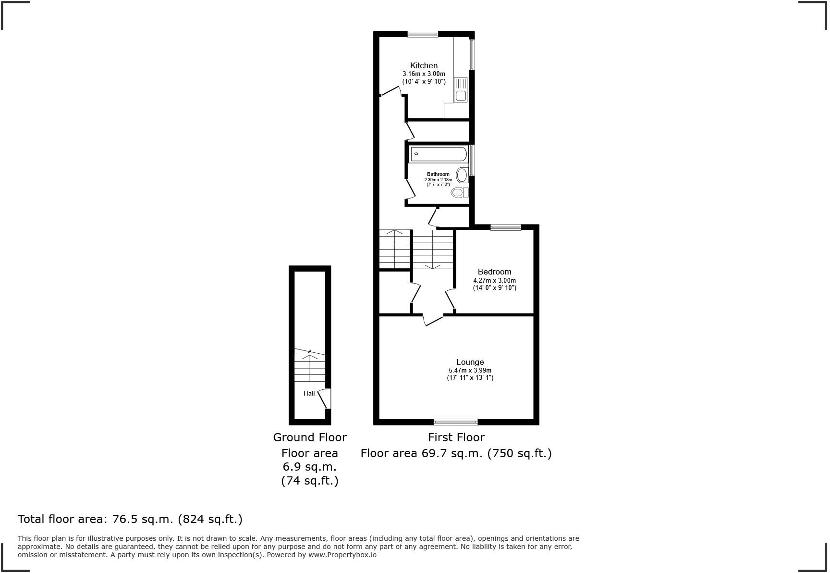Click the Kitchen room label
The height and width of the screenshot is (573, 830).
point(424,65)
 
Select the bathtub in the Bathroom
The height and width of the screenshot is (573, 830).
point(438,154)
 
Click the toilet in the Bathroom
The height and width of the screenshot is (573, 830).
point(459,193)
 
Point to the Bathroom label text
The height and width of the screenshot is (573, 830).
point(438,174)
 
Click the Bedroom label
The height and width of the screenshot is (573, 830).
point(494,272)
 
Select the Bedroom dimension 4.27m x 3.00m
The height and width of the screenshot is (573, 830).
point(494,280)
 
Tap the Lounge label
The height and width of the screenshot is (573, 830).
point(470,362)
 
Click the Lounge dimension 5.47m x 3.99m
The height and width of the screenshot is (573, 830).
point(470,371)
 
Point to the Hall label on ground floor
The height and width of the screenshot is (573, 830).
point(309,393)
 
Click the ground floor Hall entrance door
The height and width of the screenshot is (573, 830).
point(325,399)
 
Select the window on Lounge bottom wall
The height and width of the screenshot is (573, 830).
point(455,422)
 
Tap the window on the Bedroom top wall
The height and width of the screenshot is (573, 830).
point(505,227)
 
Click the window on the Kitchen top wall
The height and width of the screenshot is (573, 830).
point(423,34)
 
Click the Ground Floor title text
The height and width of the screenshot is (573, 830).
point(310,437)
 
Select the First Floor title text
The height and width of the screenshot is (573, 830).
point(456,437)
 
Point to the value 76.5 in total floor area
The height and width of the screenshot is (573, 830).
point(124,519)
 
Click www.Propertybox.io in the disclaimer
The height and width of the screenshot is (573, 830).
point(342,555)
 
